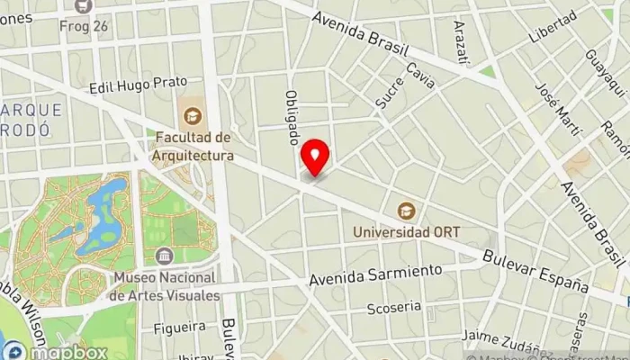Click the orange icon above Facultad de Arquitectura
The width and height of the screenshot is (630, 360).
(x=192, y=115)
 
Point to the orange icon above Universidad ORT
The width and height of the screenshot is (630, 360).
(x=407, y=210)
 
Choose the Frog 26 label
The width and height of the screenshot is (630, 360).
(x=83, y=25)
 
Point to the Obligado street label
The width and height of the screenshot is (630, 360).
(x=292, y=118)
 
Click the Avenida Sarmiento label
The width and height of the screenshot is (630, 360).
(x=376, y=275)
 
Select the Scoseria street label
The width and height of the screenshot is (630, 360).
(x=394, y=309)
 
